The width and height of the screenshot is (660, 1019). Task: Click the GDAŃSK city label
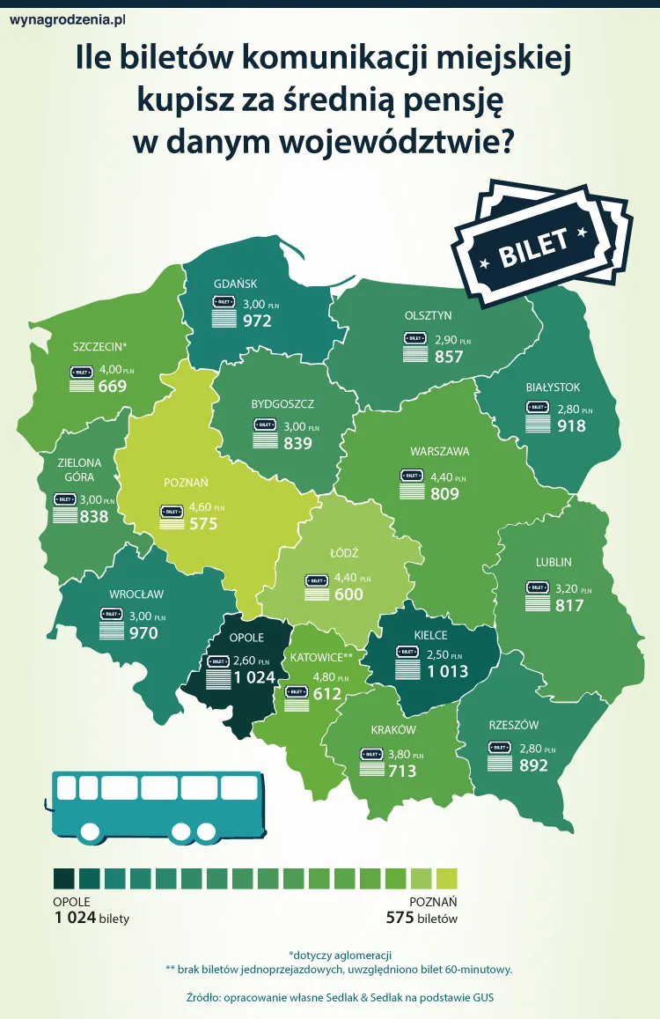click(x=235, y=284)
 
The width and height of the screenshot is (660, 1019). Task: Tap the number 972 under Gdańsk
click(x=256, y=321)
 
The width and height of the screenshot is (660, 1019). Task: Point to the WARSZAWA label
click(x=439, y=452)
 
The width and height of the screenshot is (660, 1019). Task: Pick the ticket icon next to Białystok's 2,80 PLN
click(x=537, y=407)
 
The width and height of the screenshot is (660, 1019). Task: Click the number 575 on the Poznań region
click(x=202, y=524)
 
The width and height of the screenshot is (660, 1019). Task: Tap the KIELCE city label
click(x=430, y=635)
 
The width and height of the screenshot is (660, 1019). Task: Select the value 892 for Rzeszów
click(x=533, y=765)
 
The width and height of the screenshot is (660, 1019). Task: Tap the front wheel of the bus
click(x=90, y=830)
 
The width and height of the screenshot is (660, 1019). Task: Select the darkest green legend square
click(x=64, y=879)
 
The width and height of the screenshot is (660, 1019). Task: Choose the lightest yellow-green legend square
click(x=447, y=879)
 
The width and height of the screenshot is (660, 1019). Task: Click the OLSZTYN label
click(x=428, y=315)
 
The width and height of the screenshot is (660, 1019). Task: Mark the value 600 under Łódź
click(x=348, y=594)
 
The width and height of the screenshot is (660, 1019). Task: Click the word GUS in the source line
click(x=495, y=998)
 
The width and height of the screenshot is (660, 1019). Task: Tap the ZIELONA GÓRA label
click(x=79, y=469)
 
